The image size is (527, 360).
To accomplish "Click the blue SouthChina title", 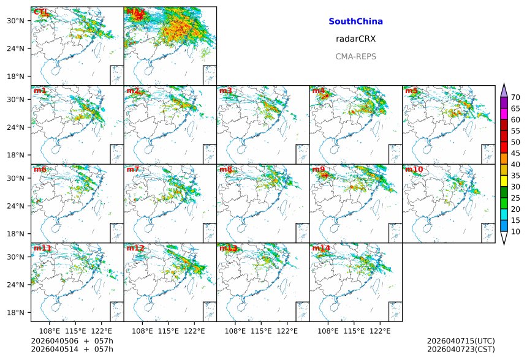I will coord(355,21).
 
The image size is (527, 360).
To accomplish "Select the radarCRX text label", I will coord(355,39).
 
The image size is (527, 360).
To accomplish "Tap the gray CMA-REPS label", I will coord(355,56).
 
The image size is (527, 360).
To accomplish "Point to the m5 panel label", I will coord(411,91).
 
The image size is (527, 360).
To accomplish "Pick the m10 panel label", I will coord(413,169).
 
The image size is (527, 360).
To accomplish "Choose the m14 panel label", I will coord(320,248).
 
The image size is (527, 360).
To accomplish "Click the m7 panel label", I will coord(133,169).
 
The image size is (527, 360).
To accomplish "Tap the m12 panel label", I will coord(135,248).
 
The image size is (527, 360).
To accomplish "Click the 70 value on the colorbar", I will coord(515,97).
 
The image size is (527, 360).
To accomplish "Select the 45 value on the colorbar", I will coord(515,153).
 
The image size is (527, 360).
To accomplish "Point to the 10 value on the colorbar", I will coord(515,231).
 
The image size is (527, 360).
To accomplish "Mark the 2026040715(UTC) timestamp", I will coord(460,340).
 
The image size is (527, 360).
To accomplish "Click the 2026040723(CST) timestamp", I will coord(460,349).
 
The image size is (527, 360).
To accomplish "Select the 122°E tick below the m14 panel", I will coord(380,331).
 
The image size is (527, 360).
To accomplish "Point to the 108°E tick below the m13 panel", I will coord(235,331).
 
